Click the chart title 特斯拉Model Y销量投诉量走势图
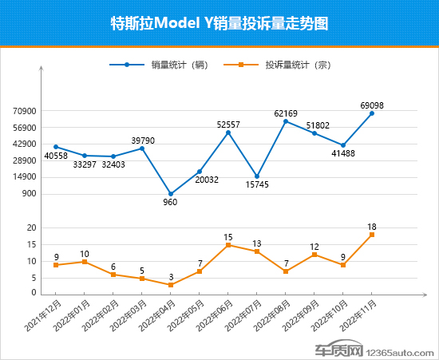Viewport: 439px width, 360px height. coord(219,23)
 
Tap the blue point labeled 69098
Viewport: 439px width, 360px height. coord(372,113)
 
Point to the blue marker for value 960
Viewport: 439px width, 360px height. coord(171,194)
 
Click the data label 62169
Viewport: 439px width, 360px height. coord(285,113)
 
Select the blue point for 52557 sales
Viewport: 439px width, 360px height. coord(228,133)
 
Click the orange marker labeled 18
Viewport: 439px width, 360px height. coord(372,235)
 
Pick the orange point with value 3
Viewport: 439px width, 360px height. coord(171,285)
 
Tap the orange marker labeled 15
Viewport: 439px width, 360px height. coord(228,245)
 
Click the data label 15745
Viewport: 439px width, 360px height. coord(257,185)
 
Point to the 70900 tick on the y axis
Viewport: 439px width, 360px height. coord(26,112)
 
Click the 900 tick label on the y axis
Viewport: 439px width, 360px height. coord(30,194)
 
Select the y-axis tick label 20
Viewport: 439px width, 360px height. coord(31,228)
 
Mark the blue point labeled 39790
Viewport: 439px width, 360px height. coord(142,148)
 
